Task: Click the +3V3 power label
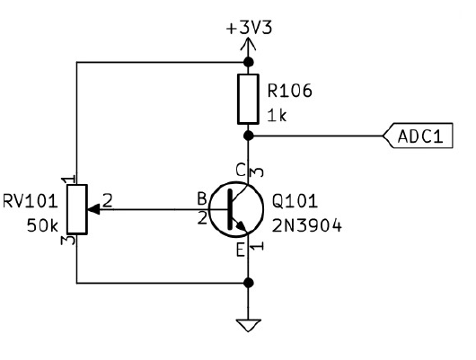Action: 249,28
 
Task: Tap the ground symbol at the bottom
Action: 248,325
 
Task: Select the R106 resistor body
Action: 248,99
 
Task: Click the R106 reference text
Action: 289,91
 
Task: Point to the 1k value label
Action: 277,115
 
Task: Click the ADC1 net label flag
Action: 418,136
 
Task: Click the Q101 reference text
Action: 295,201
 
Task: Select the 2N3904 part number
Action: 307,226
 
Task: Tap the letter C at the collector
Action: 241,170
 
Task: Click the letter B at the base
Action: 202,199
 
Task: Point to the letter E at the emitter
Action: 241,250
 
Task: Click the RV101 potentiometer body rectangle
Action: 77,209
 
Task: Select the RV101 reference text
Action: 30,201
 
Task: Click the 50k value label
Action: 42,226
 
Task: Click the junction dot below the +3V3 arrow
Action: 249,62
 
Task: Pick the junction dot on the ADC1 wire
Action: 249,136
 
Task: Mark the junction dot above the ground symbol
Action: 249,283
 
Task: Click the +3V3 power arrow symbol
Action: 248,44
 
